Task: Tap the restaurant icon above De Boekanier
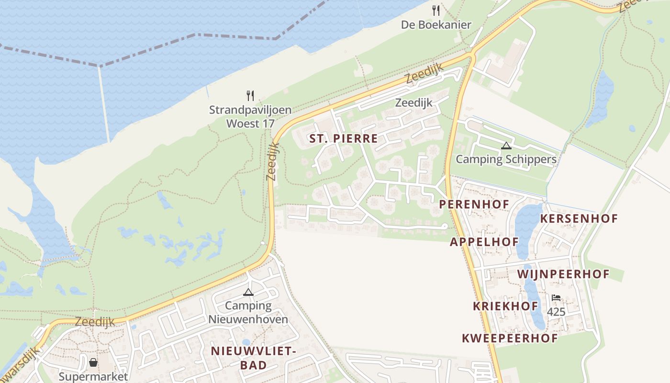436,10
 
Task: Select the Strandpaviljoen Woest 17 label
250,116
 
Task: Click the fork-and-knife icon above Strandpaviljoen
250,95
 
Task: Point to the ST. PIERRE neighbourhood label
344,139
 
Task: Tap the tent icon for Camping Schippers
506,146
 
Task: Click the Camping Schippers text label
506,159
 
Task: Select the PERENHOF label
474,204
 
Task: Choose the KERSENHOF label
579,219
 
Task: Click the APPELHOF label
484,242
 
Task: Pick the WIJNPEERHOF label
563,274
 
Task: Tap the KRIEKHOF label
505,306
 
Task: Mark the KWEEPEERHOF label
510,338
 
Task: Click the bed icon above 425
556,298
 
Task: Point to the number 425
556,312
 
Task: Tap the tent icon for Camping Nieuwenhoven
248,292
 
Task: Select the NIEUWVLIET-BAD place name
253,358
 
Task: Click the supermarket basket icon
93,362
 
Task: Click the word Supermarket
93,377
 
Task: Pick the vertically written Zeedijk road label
272,162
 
